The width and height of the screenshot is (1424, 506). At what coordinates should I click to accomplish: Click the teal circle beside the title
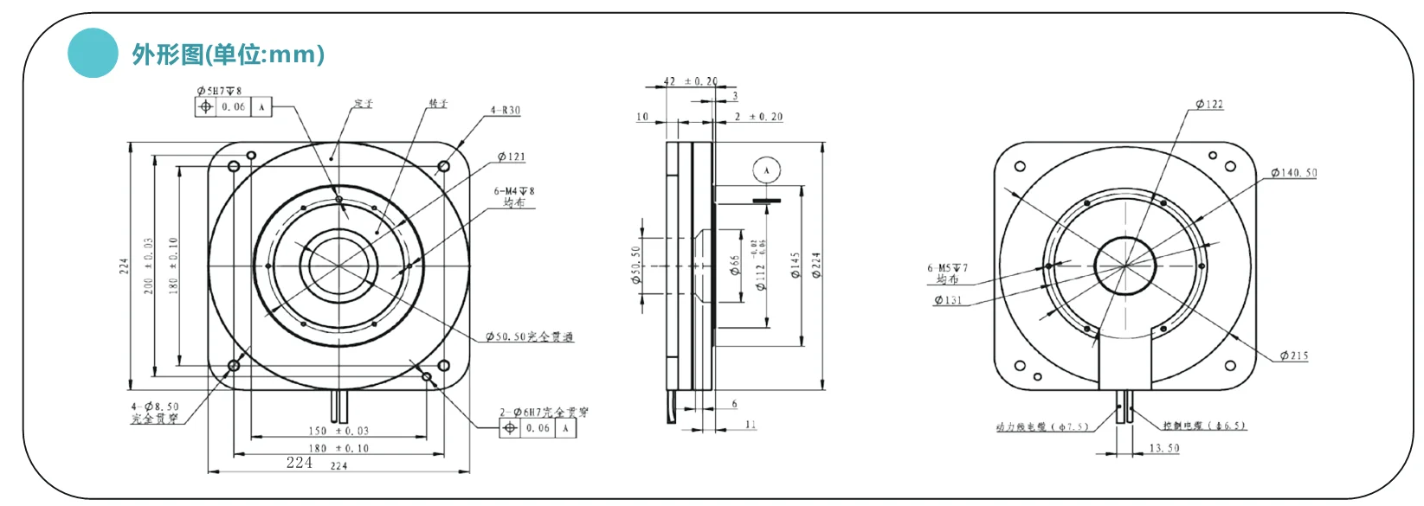[x=93, y=53]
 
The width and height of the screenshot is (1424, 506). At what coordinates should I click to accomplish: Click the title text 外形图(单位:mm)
[x=229, y=54]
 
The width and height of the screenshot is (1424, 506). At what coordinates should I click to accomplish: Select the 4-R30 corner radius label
[x=506, y=111]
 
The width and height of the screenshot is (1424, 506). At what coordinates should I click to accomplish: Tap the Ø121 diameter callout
[x=511, y=157]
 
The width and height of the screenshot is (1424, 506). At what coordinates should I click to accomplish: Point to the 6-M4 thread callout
[x=514, y=191]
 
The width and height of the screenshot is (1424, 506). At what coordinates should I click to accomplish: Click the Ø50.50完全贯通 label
[x=529, y=336]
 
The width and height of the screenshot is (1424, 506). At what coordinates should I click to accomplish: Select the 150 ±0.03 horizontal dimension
[x=338, y=431]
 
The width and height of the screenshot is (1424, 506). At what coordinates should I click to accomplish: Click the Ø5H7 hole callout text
[x=219, y=90]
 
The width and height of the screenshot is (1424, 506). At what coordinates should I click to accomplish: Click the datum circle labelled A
[x=766, y=170]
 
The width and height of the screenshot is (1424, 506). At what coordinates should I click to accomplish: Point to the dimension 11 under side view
[x=750, y=425]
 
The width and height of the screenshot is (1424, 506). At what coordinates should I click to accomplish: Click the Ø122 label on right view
[x=1209, y=105]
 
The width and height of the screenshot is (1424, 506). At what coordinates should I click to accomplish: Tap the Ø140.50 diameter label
[x=1294, y=173]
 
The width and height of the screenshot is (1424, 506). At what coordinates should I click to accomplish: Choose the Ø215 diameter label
[x=1294, y=355]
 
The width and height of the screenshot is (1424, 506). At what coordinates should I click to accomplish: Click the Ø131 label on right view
[x=948, y=300]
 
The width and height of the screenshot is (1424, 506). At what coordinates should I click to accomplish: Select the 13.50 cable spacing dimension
[x=1164, y=448]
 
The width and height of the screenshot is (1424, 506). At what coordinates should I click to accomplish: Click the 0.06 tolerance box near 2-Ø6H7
[x=538, y=428]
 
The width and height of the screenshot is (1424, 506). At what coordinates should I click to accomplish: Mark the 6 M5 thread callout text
[x=948, y=268]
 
